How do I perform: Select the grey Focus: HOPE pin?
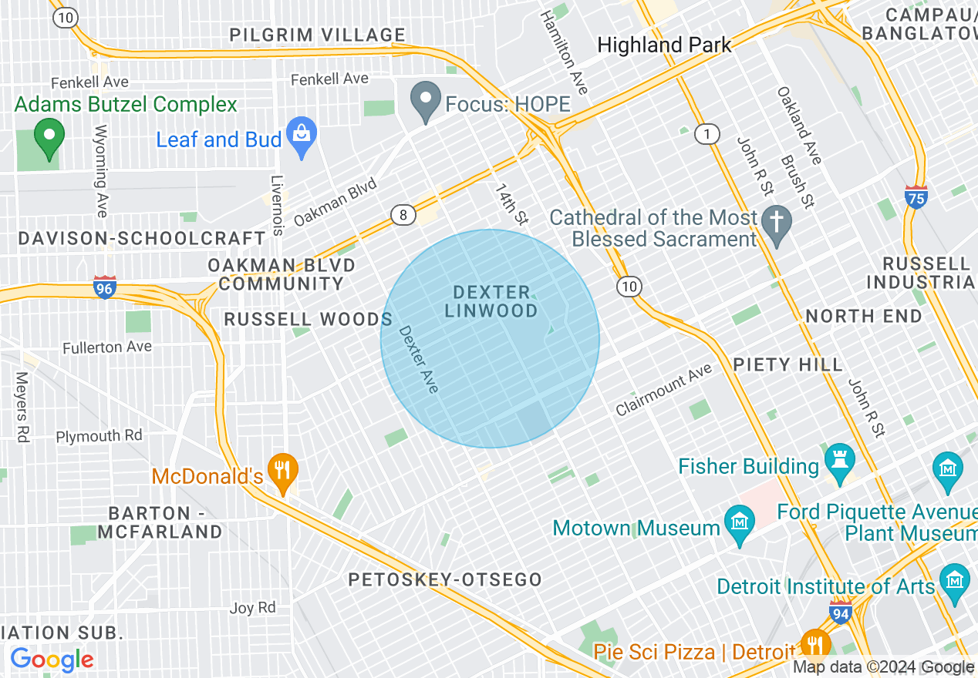click(425, 103)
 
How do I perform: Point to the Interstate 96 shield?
click(104, 287)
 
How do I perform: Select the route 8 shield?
click(403, 215)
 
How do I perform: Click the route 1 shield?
click(706, 134)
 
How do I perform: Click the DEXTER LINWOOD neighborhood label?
click(491, 301)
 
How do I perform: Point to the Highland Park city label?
click(664, 45)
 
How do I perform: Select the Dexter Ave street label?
click(419, 360)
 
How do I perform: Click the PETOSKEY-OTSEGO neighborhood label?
click(445, 580)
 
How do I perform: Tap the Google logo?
click(52, 660)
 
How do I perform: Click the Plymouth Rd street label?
click(99, 436)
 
